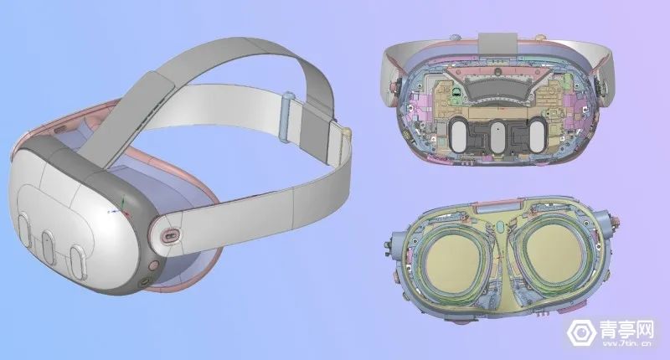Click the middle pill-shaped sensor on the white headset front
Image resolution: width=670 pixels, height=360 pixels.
point(48,244)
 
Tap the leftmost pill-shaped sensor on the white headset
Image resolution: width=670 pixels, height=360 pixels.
point(24,230)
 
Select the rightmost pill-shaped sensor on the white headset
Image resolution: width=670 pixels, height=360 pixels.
point(78,262)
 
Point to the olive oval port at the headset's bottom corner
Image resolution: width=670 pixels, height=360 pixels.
point(144,282)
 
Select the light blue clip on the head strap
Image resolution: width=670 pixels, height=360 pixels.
point(286,116)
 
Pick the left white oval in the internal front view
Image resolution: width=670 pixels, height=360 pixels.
point(460,136)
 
